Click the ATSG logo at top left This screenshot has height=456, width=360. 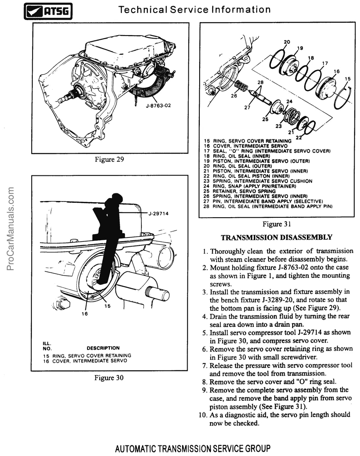coord(48,11)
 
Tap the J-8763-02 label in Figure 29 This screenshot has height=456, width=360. coord(158,105)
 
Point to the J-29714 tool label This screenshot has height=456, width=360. coord(158,214)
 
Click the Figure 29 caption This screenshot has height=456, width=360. coord(109,159)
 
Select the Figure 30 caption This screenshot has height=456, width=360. coord(109,378)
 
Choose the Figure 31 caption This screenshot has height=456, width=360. coord(277,224)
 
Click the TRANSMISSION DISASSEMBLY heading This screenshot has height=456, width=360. coord(277,238)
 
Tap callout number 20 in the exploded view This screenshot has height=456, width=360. coord(287,42)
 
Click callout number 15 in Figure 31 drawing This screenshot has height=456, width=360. coord(348,79)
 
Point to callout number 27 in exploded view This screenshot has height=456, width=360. coord(247,108)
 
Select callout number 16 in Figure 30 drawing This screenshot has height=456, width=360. coord(85,314)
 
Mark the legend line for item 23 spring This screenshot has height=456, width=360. coord(258,181)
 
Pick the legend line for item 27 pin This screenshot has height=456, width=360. coord(263,201)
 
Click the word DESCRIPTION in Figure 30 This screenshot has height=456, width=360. coord(103,348)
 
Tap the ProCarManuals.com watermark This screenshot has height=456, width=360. coord(10,229)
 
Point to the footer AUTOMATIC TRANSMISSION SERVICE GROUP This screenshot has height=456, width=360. coord(193,448)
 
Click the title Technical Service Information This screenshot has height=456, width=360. coord(194,10)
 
